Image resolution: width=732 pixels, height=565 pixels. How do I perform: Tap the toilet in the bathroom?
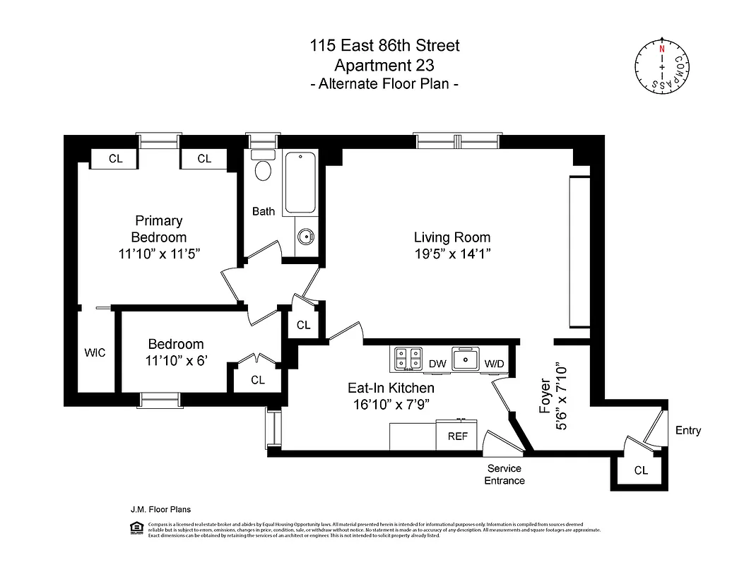click(x=263, y=169)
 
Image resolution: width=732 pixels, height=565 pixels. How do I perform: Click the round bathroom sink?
click(x=305, y=237)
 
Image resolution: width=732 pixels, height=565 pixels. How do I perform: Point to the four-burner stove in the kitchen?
click(x=408, y=359)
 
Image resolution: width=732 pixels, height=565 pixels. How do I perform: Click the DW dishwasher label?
click(x=437, y=364)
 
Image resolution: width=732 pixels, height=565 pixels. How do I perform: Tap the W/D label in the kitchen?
click(x=494, y=364)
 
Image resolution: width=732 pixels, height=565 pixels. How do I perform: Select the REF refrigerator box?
click(x=458, y=436)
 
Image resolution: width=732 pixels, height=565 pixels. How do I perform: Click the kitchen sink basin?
click(x=466, y=360)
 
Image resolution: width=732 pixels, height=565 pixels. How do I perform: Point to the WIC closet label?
click(x=95, y=352)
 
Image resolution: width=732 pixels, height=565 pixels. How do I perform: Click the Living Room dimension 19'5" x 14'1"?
click(x=452, y=254)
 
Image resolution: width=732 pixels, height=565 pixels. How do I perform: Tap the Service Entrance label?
click(x=504, y=475)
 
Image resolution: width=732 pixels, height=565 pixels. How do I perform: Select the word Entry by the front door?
click(x=687, y=430)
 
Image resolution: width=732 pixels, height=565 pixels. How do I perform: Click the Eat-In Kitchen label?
click(x=391, y=388)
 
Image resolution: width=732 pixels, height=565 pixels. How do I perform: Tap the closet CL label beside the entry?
click(x=641, y=470)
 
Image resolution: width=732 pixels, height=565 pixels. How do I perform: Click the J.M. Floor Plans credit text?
click(x=160, y=509)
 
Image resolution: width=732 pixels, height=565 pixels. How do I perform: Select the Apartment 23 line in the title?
click(x=384, y=65)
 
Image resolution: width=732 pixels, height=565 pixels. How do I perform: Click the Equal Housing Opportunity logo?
click(x=136, y=529)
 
